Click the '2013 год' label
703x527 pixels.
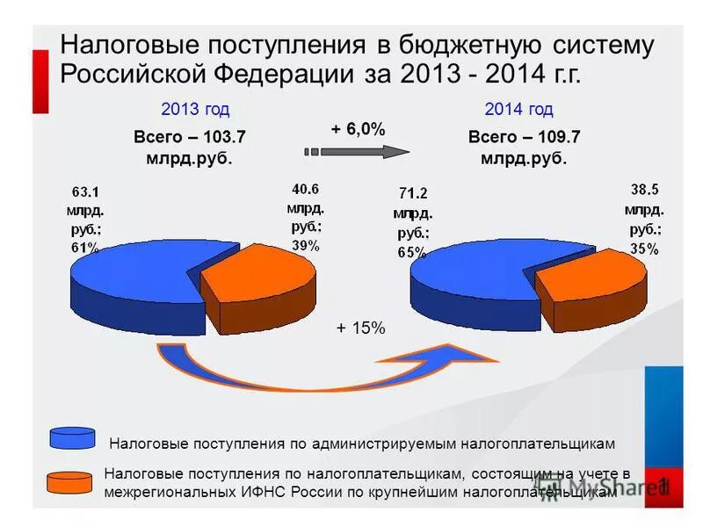(x=195, y=110)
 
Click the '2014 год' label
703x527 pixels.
(x=518, y=110)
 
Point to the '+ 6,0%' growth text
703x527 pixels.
(x=358, y=129)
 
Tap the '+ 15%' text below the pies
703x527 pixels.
(x=361, y=328)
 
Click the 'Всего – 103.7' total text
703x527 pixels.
(x=190, y=137)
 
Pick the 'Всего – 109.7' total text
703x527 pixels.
(x=525, y=137)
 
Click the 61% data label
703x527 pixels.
(x=85, y=248)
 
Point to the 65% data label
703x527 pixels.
(x=411, y=251)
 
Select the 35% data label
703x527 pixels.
(x=644, y=249)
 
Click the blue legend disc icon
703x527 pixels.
(x=73, y=437)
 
